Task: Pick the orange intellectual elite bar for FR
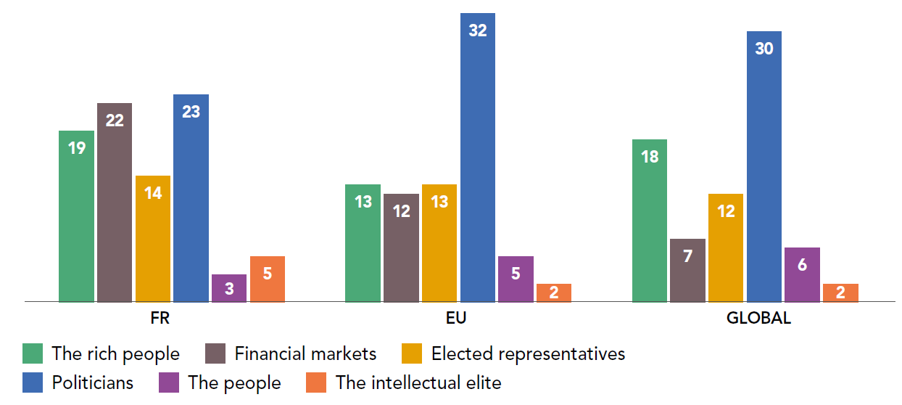(x=268, y=279)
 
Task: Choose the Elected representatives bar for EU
(x=439, y=242)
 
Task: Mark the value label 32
(x=478, y=30)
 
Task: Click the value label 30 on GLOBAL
(x=764, y=49)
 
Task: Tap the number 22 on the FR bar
(x=115, y=120)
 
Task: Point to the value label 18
(x=650, y=156)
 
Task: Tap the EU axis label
(x=457, y=319)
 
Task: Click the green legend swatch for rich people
(x=33, y=353)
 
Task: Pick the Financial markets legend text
(x=305, y=353)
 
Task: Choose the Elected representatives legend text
(x=528, y=353)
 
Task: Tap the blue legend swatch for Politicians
(x=33, y=382)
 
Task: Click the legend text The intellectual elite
(x=418, y=382)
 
